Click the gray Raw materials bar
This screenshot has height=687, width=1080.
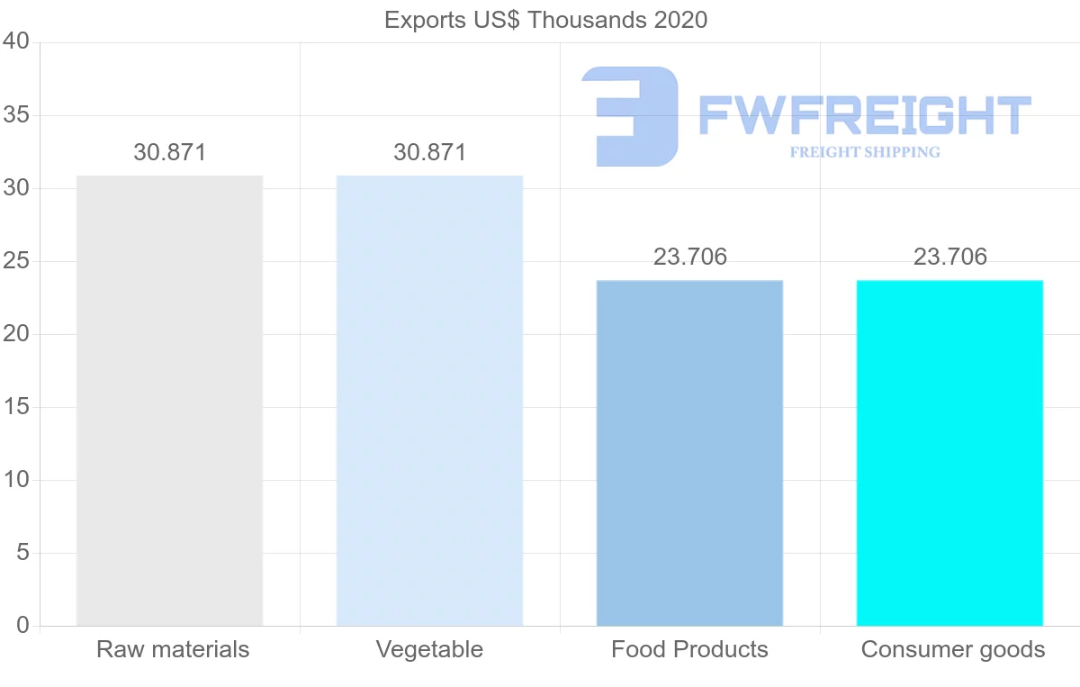click(x=169, y=401)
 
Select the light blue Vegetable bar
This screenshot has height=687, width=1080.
click(x=429, y=401)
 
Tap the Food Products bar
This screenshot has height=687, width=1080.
click(x=689, y=453)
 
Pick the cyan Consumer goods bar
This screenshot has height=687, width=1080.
click(x=949, y=453)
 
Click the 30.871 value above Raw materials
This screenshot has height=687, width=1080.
click(x=170, y=152)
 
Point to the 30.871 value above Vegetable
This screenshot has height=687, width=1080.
click(x=430, y=152)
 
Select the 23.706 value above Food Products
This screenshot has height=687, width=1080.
click(x=690, y=257)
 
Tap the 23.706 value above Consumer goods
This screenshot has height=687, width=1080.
click(x=950, y=257)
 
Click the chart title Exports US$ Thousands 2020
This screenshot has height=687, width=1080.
click(x=545, y=20)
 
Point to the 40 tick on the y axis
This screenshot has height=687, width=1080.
click(x=16, y=42)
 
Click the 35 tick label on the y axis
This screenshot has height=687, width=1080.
click(x=16, y=115)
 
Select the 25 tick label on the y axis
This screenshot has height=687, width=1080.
click(x=16, y=261)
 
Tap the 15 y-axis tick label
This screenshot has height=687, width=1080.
click(x=16, y=407)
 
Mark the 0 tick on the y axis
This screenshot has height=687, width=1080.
click(x=22, y=626)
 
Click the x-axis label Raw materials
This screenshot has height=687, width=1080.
click(x=173, y=649)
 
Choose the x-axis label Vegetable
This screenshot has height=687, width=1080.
click(x=429, y=649)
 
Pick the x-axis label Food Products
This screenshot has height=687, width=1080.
click(x=689, y=649)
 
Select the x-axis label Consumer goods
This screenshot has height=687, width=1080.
click(x=953, y=649)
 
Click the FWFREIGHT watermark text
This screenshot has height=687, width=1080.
click(x=864, y=116)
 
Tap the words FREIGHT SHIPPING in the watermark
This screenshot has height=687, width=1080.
click(x=865, y=152)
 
